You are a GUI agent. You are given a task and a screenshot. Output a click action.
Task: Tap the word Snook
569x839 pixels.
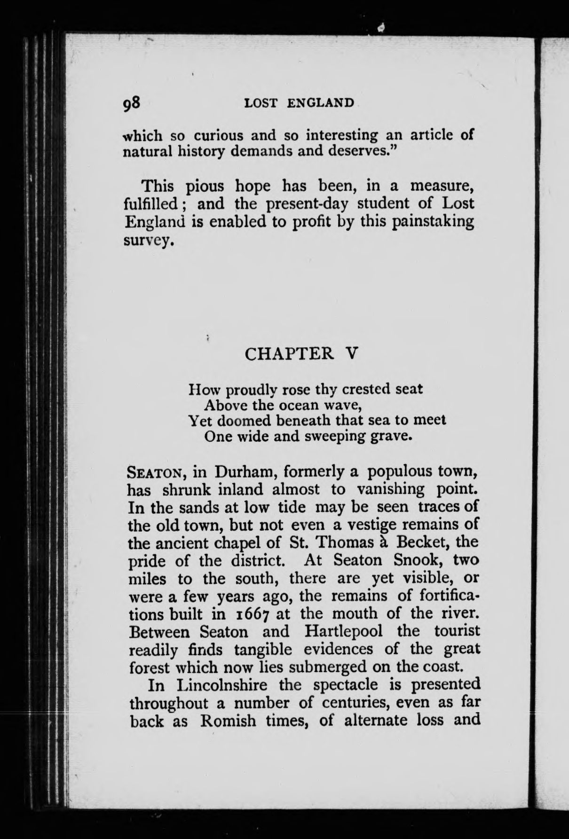pos(418,560)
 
